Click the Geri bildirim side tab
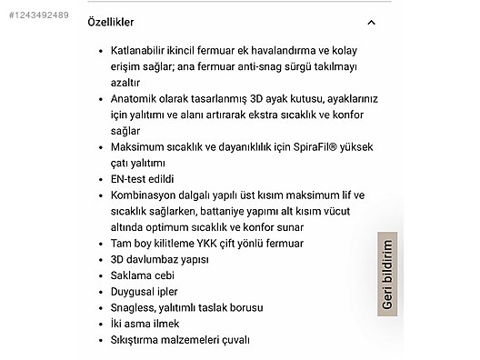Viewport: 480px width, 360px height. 387,275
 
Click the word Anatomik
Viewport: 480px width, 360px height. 136,99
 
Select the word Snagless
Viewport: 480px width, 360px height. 135,308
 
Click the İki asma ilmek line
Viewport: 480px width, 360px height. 145,324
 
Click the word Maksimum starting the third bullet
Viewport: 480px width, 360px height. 139,147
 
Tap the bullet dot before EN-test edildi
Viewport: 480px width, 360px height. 100,179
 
